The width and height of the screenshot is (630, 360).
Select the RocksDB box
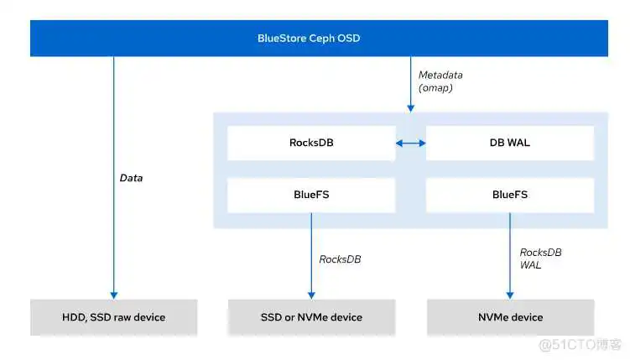point(310,143)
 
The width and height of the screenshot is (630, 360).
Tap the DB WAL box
point(509,143)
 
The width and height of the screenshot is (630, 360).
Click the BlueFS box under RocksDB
point(310,195)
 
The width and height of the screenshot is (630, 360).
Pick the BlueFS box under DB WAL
point(509,195)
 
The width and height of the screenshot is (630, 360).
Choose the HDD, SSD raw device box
point(114,317)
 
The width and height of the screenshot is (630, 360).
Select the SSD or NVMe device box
point(310,317)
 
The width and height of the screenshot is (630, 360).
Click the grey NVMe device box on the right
point(509,317)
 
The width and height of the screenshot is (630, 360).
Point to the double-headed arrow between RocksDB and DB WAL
point(410,143)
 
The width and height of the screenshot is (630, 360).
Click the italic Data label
point(131,178)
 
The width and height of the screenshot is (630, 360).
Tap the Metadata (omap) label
point(440,81)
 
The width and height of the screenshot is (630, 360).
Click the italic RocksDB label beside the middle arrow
point(340,258)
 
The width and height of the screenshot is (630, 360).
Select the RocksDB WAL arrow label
point(540,258)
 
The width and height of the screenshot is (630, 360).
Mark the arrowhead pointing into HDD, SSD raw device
point(114,294)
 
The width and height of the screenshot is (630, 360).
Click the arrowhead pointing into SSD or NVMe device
point(310,294)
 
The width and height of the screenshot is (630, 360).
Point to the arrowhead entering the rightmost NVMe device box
point(509,294)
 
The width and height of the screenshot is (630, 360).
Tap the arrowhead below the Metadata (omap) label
point(410,107)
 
